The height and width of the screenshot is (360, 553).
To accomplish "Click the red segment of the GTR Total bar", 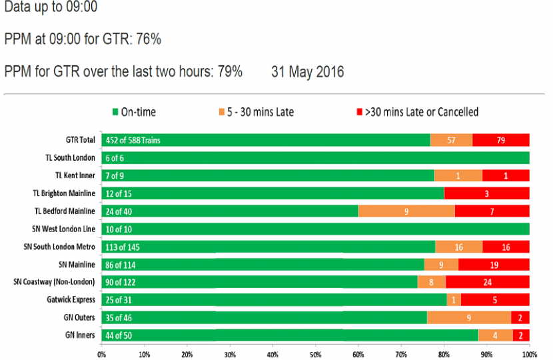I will click(x=501, y=140).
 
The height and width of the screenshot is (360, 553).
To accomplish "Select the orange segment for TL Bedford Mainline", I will click(x=406, y=211).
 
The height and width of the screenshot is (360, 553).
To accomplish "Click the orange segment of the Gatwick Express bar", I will click(x=454, y=299).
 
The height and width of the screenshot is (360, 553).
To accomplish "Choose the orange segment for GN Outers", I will click(x=469, y=317).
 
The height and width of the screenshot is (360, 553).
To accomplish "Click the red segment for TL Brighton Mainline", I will click(x=486, y=193).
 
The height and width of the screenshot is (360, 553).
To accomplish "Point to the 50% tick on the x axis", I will click(x=315, y=353).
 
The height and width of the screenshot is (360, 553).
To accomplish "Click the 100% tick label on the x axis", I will click(x=529, y=353).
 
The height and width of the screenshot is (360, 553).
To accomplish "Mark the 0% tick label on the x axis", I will click(x=102, y=353).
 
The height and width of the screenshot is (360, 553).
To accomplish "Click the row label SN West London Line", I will click(x=64, y=229).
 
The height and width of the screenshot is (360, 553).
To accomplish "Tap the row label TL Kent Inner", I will click(x=75, y=175).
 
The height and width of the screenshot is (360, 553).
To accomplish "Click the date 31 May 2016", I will click(x=308, y=72).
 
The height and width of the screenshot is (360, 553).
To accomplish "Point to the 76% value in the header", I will click(x=149, y=39).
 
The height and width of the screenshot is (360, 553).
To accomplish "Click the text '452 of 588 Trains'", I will click(x=133, y=140).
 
